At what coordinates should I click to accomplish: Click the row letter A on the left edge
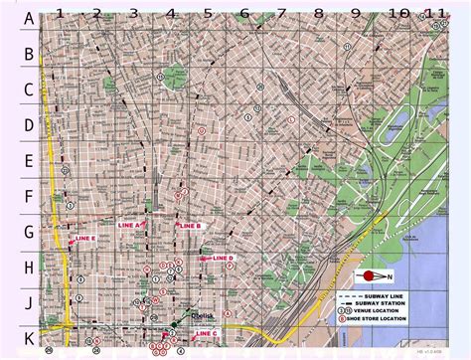(x=30, y=18)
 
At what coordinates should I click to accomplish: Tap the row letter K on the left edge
(x=30, y=337)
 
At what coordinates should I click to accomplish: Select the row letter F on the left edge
(x=30, y=198)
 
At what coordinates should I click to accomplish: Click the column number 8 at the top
(x=318, y=14)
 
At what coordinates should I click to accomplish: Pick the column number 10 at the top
(x=397, y=14)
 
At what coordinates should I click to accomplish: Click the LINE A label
(x=130, y=226)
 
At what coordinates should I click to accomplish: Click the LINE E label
(x=85, y=240)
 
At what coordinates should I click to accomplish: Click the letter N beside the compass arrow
(x=390, y=275)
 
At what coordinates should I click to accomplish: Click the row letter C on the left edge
(x=30, y=90)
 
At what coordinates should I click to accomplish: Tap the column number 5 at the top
(x=208, y=14)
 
